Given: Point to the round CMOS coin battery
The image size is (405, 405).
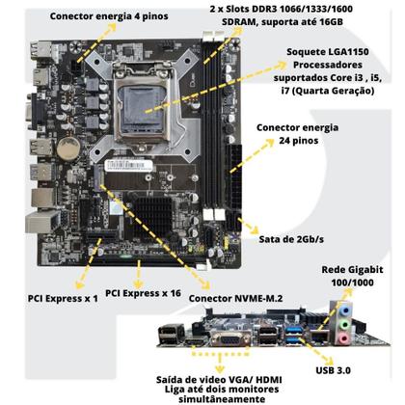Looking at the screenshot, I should (x=67, y=149).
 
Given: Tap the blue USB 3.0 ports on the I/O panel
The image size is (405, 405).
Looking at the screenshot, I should (x=291, y=339).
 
